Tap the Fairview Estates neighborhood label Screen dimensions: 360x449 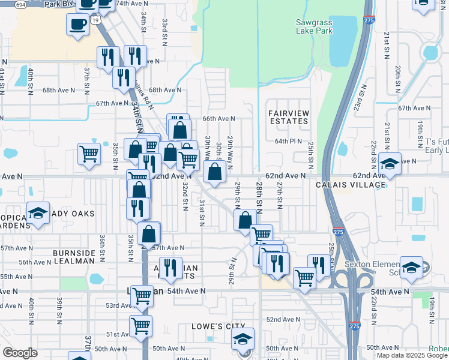[x=288, y=117]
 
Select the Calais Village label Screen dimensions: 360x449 [x=351, y=185]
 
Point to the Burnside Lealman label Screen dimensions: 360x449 [x=74, y=257]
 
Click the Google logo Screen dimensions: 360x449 [x=20, y=353]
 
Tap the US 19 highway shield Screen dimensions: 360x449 [x=96, y=20]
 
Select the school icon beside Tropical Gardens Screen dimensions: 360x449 [x=38, y=213]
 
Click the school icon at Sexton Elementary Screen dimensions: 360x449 [x=412, y=268]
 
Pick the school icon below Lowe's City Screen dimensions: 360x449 [x=243, y=338]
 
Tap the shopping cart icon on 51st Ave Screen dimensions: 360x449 [x=141, y=326]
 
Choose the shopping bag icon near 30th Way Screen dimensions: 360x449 [x=214, y=172]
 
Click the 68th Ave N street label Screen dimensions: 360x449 [x=165, y=90]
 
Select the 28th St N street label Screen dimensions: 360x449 [x=259, y=198]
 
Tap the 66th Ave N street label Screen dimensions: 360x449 [x=217, y=119]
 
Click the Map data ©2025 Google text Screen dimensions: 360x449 [x=412, y=355]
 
